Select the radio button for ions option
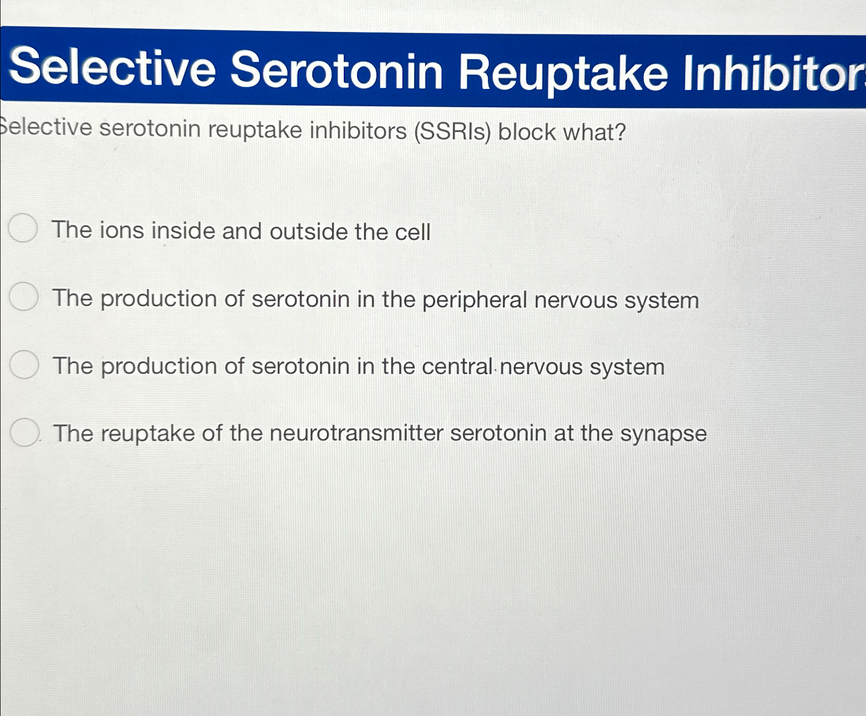pyautogui.click(x=24, y=228)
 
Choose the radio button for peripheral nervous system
pyautogui.click(x=24, y=297)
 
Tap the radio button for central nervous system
pyautogui.click(x=25, y=364)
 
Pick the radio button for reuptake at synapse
pyautogui.click(x=25, y=432)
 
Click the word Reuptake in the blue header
pyautogui.click(x=563, y=72)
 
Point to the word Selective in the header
pyautogui.click(x=113, y=68)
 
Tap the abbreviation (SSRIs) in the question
pyautogui.click(x=453, y=132)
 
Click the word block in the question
pyautogui.click(x=527, y=132)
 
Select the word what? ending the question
pyautogui.click(x=595, y=133)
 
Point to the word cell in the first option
pyautogui.click(x=413, y=232)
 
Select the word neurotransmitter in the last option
pyautogui.click(x=356, y=433)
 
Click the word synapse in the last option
pyautogui.click(x=664, y=433)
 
